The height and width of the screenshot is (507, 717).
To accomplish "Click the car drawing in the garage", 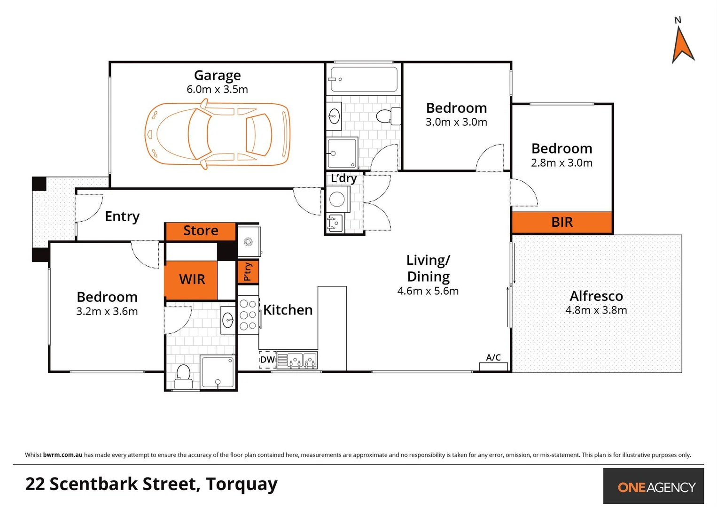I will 217,135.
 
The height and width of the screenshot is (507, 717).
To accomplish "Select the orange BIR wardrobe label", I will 561,222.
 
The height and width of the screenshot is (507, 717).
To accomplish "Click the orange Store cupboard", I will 201,230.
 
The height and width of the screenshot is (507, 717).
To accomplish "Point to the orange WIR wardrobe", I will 192,280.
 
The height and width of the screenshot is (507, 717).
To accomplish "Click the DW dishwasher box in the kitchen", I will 267,360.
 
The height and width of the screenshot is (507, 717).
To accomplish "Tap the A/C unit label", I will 493,358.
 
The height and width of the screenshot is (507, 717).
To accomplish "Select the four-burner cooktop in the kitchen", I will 248,315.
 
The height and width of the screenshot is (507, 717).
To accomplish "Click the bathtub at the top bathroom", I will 363,79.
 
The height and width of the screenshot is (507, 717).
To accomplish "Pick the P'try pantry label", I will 248,272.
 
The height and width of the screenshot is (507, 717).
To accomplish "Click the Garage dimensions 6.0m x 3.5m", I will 217,89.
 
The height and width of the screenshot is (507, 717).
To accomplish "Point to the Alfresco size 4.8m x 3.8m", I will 596,310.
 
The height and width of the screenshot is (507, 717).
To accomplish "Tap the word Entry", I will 122,216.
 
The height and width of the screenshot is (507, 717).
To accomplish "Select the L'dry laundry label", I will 343,178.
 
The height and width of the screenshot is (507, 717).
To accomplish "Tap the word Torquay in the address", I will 242,484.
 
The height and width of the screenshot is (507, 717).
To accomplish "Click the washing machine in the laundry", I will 337,199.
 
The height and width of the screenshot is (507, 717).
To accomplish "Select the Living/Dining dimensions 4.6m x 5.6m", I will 428,291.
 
